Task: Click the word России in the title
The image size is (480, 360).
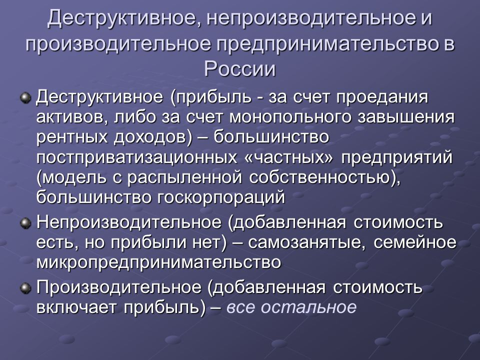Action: [x=239, y=68]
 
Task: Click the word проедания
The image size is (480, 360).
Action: [x=382, y=98]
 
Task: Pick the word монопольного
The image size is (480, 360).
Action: [x=290, y=117]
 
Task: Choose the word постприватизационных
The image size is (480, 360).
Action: [x=136, y=157]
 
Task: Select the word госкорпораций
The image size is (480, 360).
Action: [x=221, y=198]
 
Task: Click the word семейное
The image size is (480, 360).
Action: [x=415, y=242]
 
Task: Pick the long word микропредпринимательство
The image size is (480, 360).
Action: [x=158, y=262]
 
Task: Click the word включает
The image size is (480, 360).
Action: [x=76, y=307]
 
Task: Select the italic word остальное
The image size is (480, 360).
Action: [x=308, y=307]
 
